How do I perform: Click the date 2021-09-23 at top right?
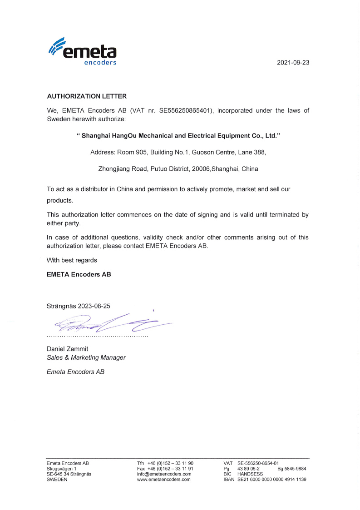click(293, 63)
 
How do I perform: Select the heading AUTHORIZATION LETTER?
click(87, 96)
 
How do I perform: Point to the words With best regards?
click(72, 260)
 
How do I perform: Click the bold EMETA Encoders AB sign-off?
click(79, 274)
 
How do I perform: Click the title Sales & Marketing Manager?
click(86, 357)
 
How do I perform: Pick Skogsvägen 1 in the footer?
click(61, 469)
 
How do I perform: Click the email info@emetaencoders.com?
click(164, 474)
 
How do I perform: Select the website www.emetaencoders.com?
click(163, 480)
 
